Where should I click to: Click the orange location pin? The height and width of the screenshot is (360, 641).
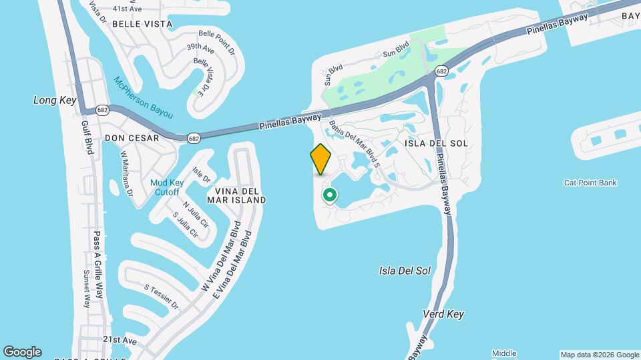(x=321, y=159)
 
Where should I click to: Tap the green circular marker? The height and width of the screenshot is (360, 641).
(x=329, y=195)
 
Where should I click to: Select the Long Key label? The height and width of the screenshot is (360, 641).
(x=55, y=100)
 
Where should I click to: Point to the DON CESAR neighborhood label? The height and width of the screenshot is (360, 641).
(x=132, y=138)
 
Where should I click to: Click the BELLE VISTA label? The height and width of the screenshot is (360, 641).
(x=142, y=24)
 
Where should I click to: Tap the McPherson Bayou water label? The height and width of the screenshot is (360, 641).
(x=143, y=97)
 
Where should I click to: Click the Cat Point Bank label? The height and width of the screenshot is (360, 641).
(x=590, y=183)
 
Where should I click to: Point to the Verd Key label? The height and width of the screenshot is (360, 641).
(x=443, y=313)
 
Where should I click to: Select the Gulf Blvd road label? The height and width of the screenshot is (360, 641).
(x=87, y=137)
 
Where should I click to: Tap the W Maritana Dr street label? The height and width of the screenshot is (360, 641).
(x=127, y=173)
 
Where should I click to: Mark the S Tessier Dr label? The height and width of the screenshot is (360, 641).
(x=162, y=296)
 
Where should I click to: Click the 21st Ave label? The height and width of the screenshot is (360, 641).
(x=120, y=340)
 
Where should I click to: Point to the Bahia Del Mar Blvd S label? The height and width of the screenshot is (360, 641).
(x=354, y=139)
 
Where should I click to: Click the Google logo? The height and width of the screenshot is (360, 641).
(x=22, y=352)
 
